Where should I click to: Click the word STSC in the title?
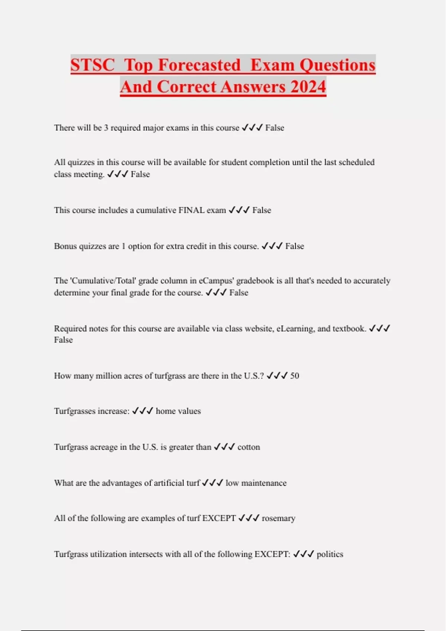[93, 65]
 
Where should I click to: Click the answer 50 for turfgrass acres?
[294, 376]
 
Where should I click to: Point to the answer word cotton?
[249, 447]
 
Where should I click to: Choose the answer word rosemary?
[278, 518]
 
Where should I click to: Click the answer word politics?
[330, 554]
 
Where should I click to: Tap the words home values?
[178, 411]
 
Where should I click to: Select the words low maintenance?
[256, 483]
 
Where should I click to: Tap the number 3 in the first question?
[106, 128]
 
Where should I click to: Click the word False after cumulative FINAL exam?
[262, 210]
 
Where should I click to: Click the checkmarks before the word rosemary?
[249, 518]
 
